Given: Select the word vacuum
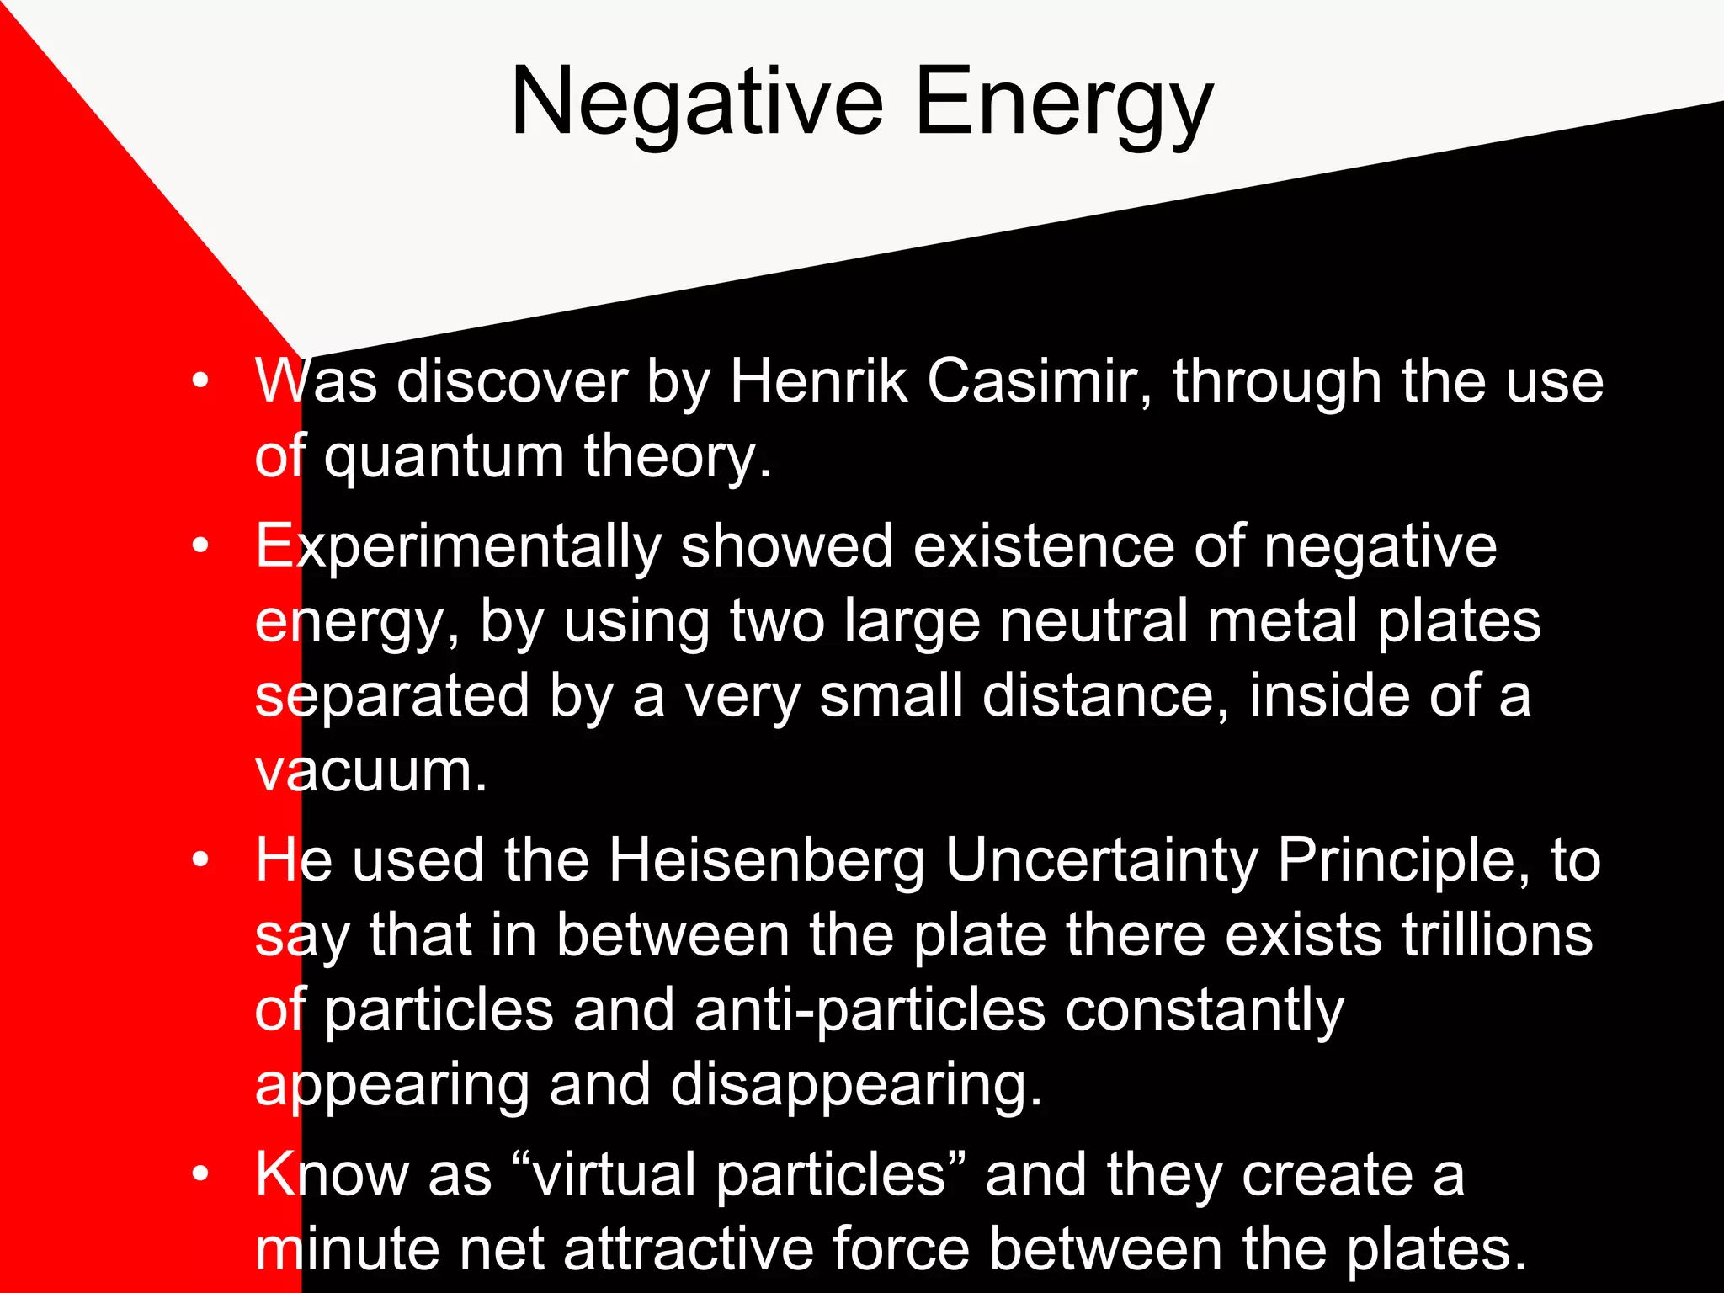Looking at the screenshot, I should click(370, 771).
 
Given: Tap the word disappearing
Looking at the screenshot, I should click(856, 1086).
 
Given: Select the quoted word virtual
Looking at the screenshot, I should click(615, 1175).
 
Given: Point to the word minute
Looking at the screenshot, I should click(347, 1248).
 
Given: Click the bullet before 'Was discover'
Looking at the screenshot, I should click(200, 381).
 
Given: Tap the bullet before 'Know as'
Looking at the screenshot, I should click(200, 1173).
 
